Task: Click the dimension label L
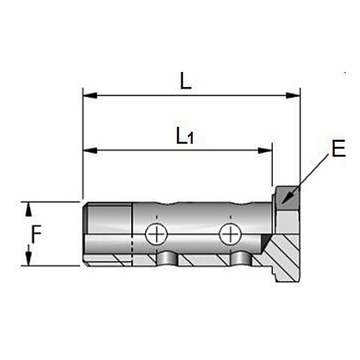point(186,81)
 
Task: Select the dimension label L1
point(185,136)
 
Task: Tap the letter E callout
point(338,148)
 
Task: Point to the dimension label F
point(37,234)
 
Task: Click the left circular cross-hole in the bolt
point(156,234)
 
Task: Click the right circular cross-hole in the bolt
point(230,234)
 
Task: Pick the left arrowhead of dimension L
point(90,96)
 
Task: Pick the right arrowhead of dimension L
point(293,96)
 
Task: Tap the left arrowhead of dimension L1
point(90,150)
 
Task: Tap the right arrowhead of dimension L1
point(265,150)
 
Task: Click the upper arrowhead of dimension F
point(29,210)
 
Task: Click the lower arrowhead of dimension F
point(29,258)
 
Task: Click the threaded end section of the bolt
point(108,234)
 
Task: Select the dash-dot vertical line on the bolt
point(132,234)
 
